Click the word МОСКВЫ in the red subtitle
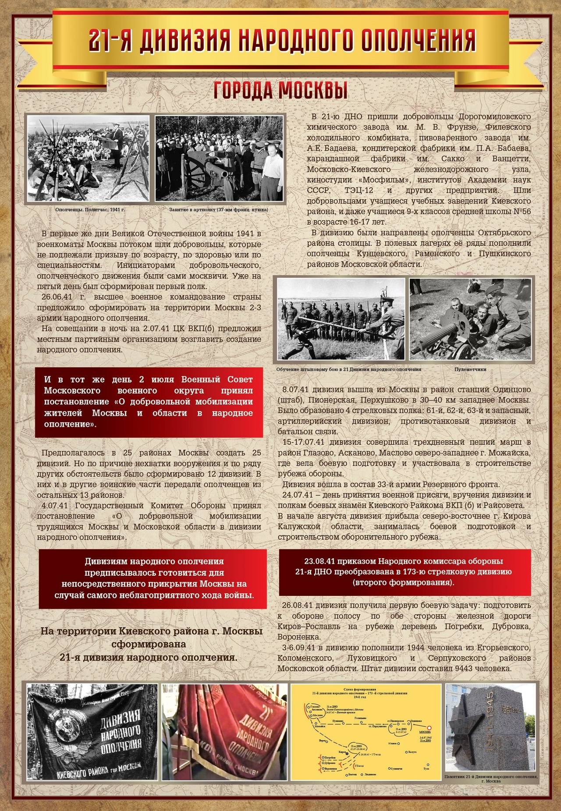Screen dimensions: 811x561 pyautogui.click(x=313, y=91)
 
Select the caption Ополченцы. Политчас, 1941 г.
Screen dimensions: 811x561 pyautogui.click(x=90, y=210)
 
